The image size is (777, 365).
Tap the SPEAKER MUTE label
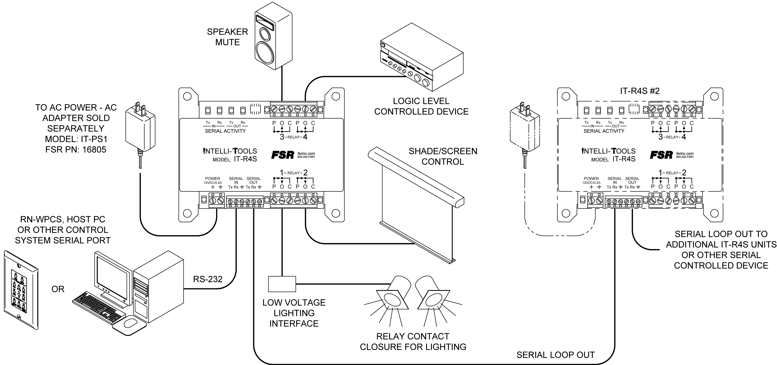[227, 37]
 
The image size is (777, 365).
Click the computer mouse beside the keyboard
[131, 323]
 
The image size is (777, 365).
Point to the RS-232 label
[208, 279]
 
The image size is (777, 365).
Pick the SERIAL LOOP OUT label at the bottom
[555, 355]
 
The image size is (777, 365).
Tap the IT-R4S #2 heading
[640, 91]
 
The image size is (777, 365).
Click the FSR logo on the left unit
[283, 155]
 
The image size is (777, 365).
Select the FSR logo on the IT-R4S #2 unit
[661, 155]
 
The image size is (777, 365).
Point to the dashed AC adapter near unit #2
[524, 127]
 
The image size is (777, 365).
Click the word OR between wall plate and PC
[58, 289]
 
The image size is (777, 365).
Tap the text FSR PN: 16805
[76, 150]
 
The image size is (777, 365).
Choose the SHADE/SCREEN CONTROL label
[443, 156]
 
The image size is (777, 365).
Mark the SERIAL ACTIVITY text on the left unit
[225, 131]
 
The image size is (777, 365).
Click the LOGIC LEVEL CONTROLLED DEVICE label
[421, 106]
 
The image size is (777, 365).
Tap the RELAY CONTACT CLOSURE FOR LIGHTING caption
[413, 341]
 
